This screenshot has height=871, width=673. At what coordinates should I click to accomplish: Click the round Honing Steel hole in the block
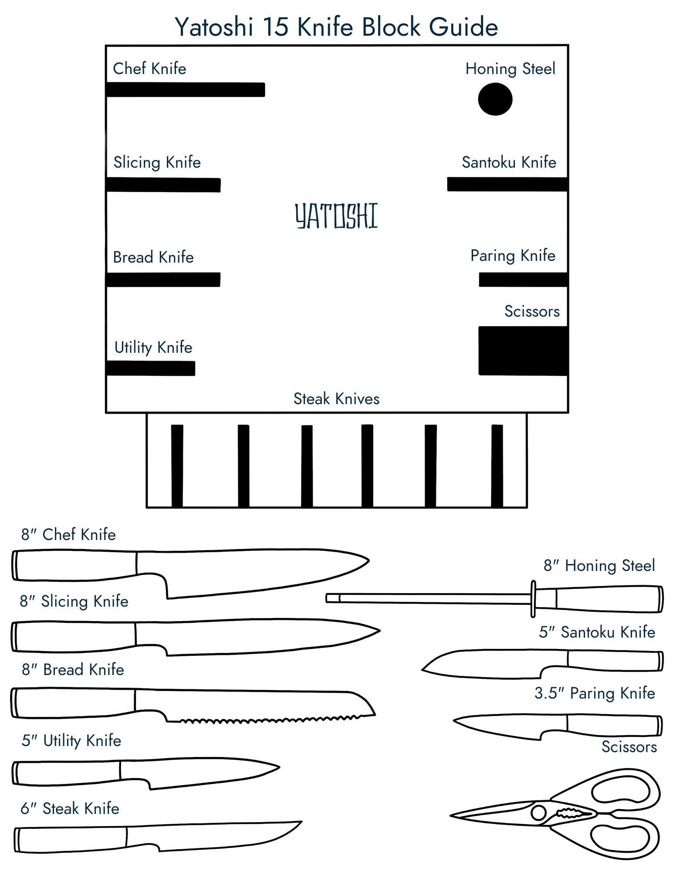(495, 99)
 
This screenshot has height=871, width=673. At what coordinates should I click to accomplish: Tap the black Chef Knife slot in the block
(186, 90)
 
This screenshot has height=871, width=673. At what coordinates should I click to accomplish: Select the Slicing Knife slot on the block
(163, 185)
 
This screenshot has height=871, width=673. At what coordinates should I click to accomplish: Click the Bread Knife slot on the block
(163, 280)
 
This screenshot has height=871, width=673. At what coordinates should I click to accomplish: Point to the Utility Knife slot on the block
(151, 368)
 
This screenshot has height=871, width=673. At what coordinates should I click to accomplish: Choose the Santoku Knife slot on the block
(507, 184)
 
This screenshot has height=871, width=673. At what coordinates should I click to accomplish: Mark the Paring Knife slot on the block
(523, 280)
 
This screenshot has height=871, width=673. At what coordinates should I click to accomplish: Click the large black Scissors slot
(523, 351)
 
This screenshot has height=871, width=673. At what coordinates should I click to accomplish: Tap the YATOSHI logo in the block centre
(336, 216)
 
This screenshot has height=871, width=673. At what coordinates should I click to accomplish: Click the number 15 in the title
(275, 27)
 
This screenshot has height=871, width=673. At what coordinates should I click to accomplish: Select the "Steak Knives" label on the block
(336, 399)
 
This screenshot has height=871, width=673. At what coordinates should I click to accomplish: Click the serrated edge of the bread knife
(270, 720)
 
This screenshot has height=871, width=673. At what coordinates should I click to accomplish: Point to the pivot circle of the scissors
(538, 813)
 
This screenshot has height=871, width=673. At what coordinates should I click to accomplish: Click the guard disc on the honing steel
(533, 599)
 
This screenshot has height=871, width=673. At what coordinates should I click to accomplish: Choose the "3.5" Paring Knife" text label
(595, 693)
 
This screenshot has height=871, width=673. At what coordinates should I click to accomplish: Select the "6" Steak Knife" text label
(70, 809)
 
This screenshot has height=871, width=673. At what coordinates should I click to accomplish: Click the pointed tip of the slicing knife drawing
(379, 630)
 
